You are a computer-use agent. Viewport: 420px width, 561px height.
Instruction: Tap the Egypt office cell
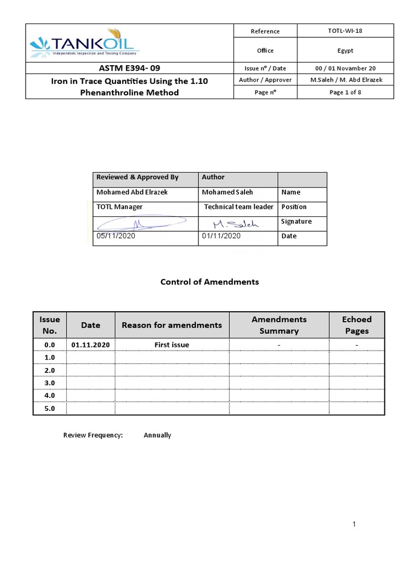point(345,50)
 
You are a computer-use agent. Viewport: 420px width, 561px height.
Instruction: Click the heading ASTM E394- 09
point(130,68)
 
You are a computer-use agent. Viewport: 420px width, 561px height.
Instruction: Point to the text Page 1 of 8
point(345,92)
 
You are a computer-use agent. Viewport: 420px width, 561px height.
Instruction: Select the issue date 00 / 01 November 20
point(345,68)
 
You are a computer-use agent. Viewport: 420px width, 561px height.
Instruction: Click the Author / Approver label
point(265,80)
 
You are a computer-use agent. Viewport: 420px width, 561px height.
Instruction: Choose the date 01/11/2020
point(221,236)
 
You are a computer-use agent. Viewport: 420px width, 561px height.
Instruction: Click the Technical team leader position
point(238,207)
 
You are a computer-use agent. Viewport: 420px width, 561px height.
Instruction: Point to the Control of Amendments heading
point(209,282)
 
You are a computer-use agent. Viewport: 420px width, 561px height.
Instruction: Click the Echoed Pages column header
point(357,325)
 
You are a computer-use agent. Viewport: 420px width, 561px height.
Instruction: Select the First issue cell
point(172,345)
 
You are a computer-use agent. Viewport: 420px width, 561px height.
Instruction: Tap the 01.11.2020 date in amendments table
point(91,345)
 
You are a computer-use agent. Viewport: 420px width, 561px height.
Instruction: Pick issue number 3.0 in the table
point(50,382)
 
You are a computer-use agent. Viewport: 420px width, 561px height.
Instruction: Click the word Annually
point(157,435)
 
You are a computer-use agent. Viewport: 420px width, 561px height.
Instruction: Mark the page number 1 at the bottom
point(354,524)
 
